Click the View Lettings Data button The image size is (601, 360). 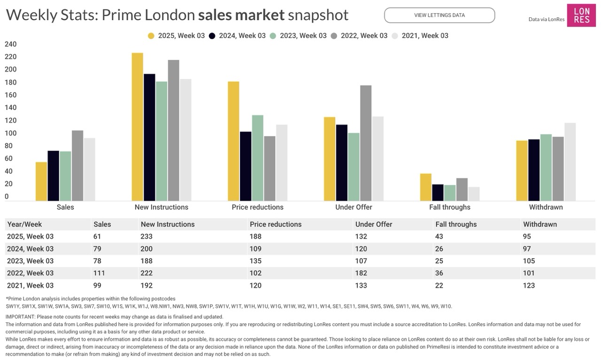coord(439,15)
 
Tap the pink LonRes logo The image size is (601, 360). coord(581,15)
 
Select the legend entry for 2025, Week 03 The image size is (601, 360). coord(177,36)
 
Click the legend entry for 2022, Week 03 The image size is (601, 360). coord(359,36)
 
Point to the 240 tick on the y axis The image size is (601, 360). coord(10,44)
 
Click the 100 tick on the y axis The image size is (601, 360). coord(10,133)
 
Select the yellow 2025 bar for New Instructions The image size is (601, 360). coord(138,127)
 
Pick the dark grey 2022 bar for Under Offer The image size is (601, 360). coord(366,143)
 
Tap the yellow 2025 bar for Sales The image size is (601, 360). coord(41,181)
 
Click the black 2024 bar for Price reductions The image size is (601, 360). coord(246,166)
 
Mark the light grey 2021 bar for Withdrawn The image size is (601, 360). coord(570,162)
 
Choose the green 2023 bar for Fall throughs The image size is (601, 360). coord(450,193)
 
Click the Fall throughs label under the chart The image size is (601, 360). coord(449,207)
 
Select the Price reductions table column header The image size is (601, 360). coord(276,224)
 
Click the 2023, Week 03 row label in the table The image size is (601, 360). coord(31,261)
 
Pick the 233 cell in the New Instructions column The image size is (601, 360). coord(146,237)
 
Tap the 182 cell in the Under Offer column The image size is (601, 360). coord(362,273)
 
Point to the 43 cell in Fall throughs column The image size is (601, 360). coord(440,237)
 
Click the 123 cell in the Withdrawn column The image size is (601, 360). coord(529,285)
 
